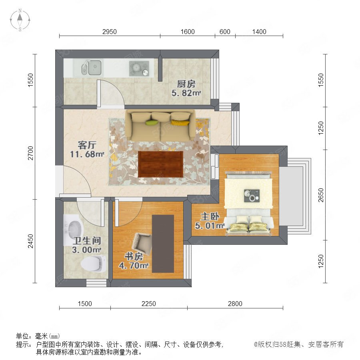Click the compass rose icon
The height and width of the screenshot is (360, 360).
[20, 20]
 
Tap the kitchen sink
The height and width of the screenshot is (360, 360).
[91, 68]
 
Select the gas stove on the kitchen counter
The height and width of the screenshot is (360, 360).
[139, 68]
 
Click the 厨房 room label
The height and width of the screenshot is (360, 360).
[186, 84]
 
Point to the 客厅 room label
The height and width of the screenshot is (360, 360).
[87, 145]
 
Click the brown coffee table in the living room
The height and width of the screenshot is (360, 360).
[160, 164]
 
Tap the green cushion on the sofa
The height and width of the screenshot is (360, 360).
[152, 123]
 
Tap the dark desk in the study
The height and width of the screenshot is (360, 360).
[163, 244]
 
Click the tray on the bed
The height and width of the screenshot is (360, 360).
[252, 196]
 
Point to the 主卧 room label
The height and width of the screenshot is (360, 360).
[210, 216]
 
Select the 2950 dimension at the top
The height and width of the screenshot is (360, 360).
[110, 32]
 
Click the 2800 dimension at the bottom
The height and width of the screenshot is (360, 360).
[235, 304]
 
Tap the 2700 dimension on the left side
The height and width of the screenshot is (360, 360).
[30, 153]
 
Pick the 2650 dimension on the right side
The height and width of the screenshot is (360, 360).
[321, 195]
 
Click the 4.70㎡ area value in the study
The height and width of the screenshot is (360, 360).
[134, 266]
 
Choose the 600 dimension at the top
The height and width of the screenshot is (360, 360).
[225, 32]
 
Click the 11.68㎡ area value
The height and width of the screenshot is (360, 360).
[87, 154]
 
